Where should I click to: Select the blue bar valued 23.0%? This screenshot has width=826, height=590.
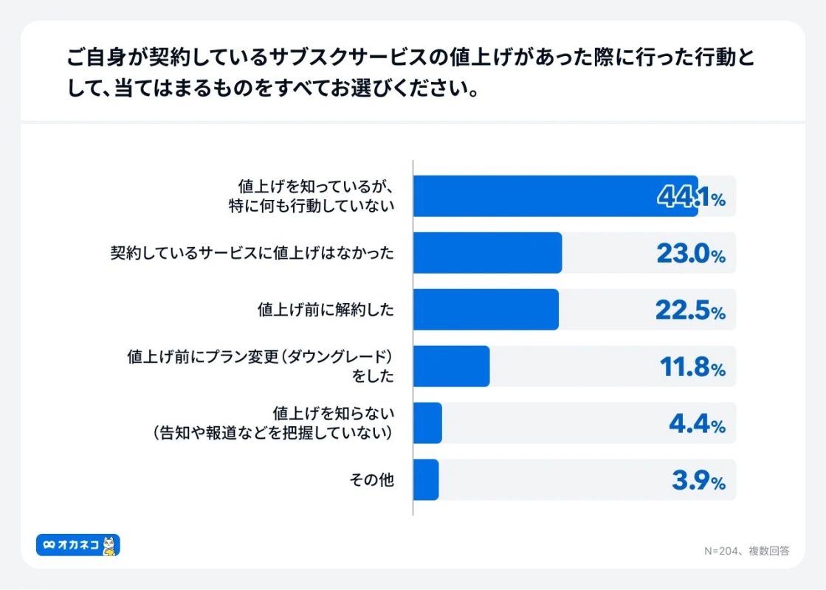tap(487, 253)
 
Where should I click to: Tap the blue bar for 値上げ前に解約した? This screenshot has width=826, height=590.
tap(486, 310)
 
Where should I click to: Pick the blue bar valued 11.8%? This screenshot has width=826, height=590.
tap(451, 367)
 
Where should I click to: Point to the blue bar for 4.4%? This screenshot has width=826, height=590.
tap(427, 423)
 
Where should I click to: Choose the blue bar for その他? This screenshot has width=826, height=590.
tap(426, 480)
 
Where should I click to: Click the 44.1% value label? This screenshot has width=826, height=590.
tap(691, 198)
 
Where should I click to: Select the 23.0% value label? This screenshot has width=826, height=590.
tap(691, 254)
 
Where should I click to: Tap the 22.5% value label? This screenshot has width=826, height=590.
tap(691, 311)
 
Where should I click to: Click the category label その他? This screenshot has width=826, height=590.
tap(371, 480)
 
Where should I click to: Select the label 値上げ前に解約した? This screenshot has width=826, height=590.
tap(326, 310)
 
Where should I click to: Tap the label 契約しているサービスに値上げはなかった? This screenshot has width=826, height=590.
tap(252, 254)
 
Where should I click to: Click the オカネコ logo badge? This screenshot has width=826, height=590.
tap(78, 545)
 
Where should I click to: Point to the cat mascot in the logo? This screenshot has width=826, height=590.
tap(109, 545)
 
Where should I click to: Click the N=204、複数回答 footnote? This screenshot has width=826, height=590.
tap(746, 551)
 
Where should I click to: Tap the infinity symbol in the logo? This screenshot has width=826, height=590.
tap(49, 545)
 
